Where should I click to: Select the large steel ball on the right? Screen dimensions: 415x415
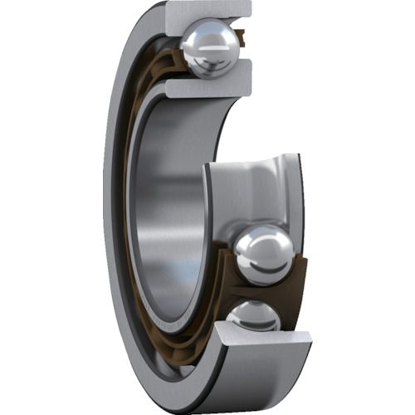[263, 254]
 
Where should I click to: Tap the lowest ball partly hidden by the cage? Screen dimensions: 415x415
[253, 316]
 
